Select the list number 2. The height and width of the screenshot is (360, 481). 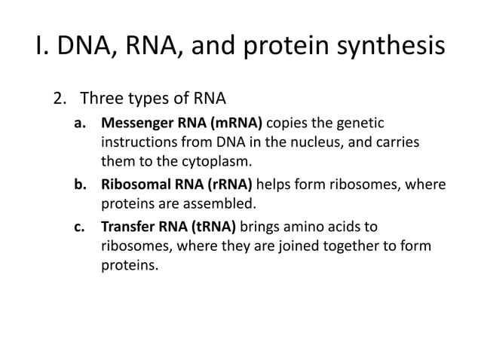coord(58,99)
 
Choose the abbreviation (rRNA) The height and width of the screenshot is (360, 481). coord(226,185)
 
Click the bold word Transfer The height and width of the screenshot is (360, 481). coord(127,227)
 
